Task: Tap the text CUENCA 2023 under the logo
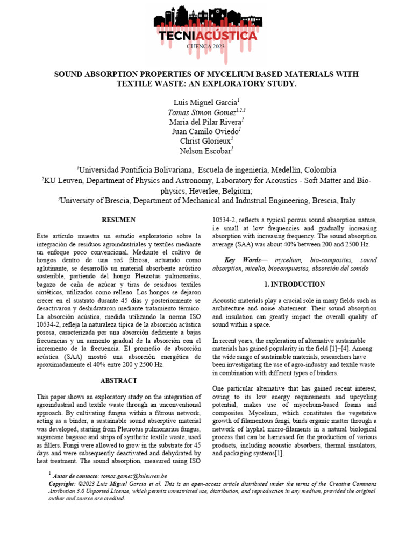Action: click(x=206, y=47)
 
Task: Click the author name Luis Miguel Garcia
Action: click(x=205, y=102)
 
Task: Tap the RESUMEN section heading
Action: click(x=119, y=220)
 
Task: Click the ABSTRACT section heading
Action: click(x=119, y=380)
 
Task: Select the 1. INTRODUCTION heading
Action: click(x=295, y=284)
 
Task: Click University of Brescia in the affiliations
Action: click(x=95, y=201)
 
